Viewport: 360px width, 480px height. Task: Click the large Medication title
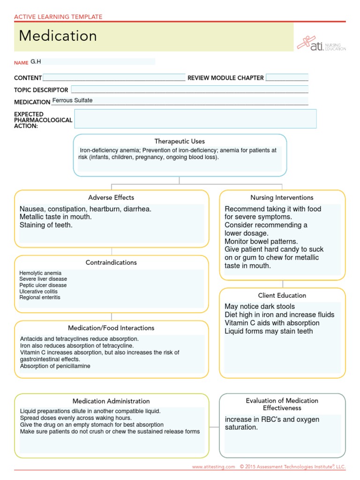tap(58, 36)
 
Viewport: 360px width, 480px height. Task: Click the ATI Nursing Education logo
tap(322, 43)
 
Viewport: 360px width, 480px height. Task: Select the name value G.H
tap(36, 61)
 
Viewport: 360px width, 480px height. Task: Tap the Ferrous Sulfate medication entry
tap(73, 100)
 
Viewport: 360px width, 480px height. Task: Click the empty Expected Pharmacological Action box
tap(195, 119)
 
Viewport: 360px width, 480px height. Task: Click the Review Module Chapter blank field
tap(287, 78)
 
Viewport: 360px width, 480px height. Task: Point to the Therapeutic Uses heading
tap(180, 141)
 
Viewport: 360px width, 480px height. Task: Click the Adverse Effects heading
tap(111, 197)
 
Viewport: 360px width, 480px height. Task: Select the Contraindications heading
tap(111, 262)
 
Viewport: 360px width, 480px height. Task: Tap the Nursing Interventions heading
tap(282, 197)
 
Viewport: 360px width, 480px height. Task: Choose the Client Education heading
tap(282, 295)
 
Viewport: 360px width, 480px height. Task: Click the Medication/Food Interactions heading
tap(111, 328)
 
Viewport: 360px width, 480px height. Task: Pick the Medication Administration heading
tap(111, 401)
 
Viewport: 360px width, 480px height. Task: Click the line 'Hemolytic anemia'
tap(40, 273)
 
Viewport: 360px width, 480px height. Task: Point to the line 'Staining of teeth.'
tap(46, 225)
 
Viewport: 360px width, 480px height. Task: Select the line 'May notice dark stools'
tap(260, 307)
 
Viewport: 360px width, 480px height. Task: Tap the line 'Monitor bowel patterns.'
tap(261, 241)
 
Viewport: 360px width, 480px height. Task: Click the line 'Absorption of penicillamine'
tap(55, 366)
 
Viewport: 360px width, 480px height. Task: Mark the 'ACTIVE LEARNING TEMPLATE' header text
tap(58, 17)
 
